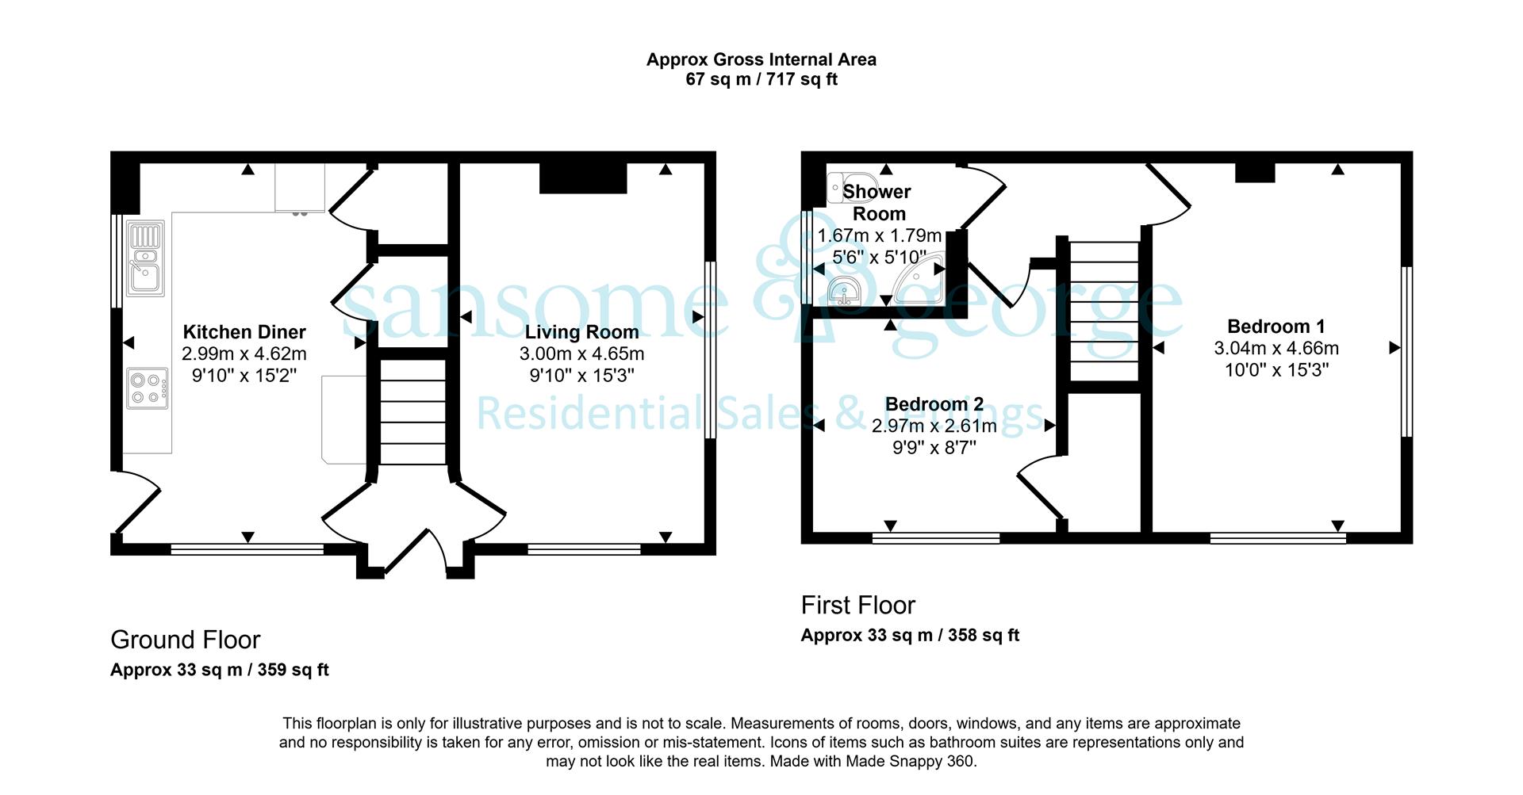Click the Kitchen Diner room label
coord(244,332)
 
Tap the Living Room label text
coord(581,332)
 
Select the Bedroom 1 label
coord(1276,326)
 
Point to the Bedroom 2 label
coord(934,404)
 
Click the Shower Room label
coord(878,202)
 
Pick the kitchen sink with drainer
coord(145,258)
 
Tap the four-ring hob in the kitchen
coord(148,388)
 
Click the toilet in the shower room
coord(843,188)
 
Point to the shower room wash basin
coord(844,291)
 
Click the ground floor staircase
coord(413,411)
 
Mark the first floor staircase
coord(1105,312)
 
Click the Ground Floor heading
coord(186,640)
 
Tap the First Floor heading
coord(858,606)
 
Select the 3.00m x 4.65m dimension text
coord(581,354)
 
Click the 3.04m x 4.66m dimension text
coord(1276,348)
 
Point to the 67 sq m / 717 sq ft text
coord(761,79)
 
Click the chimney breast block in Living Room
coord(583,179)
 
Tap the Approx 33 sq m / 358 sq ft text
coord(910,635)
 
